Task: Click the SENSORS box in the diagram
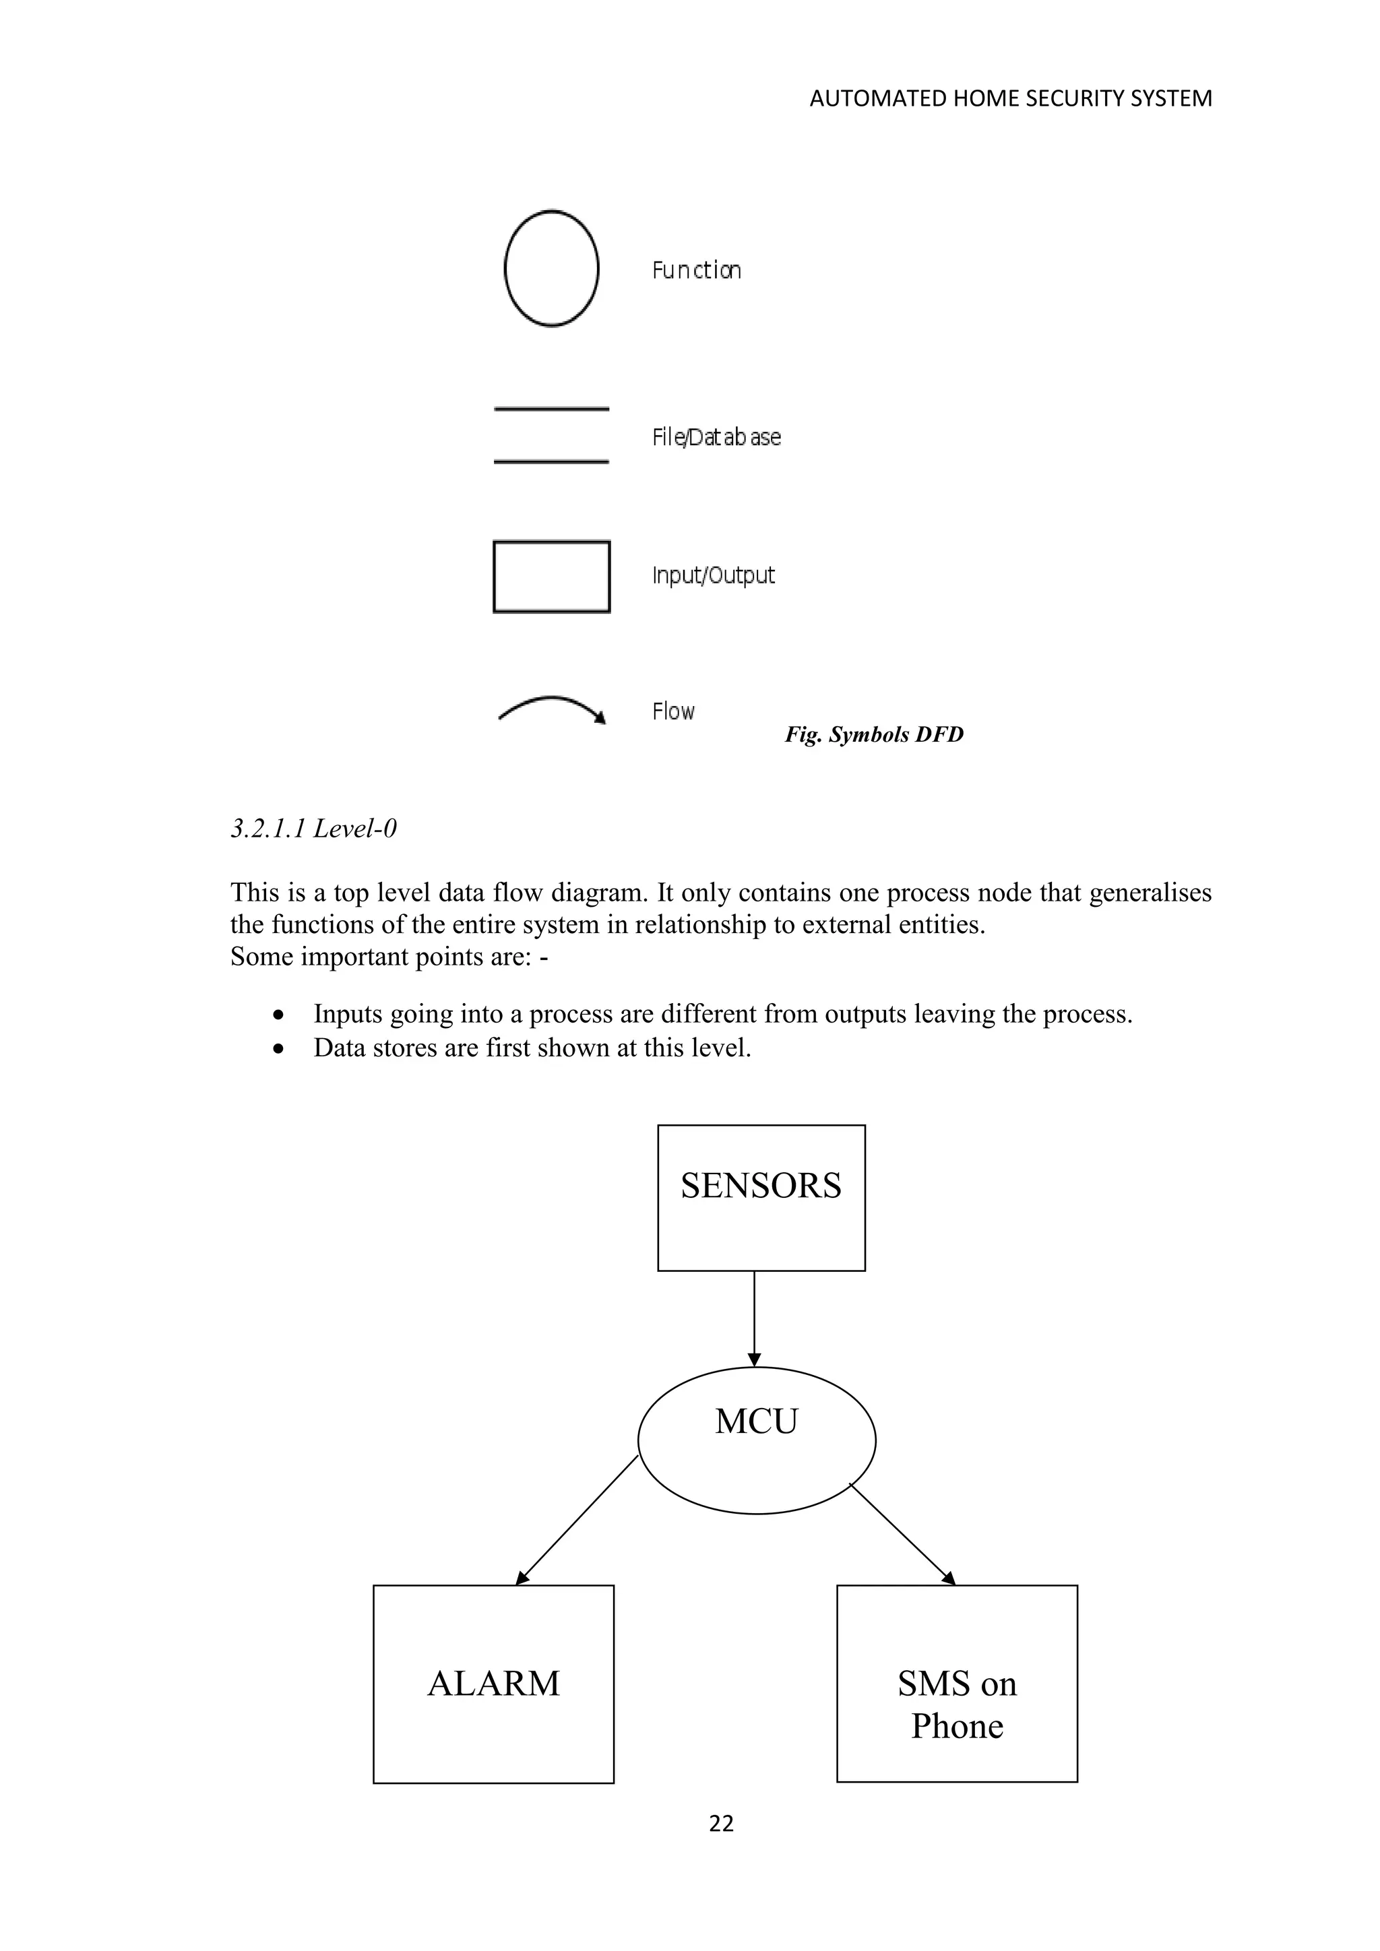761,1198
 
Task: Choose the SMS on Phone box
957,1684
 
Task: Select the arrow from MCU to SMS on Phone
902,1534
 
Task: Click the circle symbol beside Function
551,269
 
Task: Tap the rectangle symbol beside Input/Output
551,576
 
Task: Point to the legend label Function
697,270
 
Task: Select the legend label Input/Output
714,575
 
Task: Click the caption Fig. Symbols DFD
873,734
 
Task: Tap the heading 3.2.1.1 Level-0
313,829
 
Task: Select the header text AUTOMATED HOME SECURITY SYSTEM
1010,98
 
